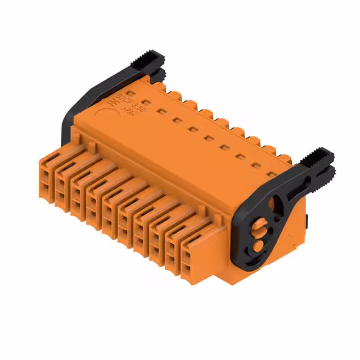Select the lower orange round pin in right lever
click(258, 246)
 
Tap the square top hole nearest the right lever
click(272, 174)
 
